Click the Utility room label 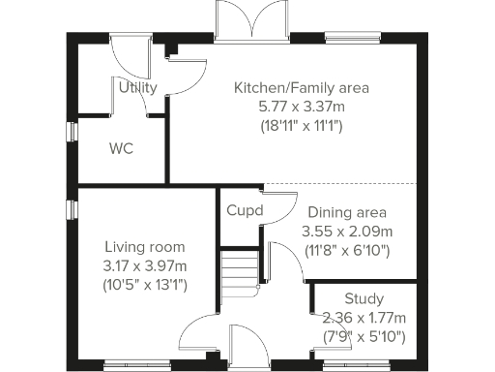click(x=138, y=88)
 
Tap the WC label click(x=121, y=149)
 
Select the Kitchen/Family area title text click(x=302, y=88)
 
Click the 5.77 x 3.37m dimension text click(x=302, y=107)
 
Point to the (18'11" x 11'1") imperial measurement click(x=302, y=125)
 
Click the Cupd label click(x=245, y=210)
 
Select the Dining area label click(x=347, y=213)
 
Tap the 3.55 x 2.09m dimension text click(x=347, y=232)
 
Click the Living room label click(x=144, y=247)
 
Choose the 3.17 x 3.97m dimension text click(x=144, y=265)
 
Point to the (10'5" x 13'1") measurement click(x=144, y=284)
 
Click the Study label click(x=364, y=298)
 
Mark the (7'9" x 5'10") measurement click(x=364, y=336)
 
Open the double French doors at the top click(x=252, y=23)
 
